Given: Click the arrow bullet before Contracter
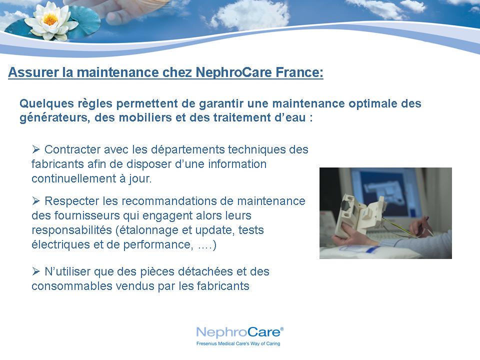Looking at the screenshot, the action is (x=36, y=149).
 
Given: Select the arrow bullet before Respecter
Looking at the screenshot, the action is (x=36, y=201).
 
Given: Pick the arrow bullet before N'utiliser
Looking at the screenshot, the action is (x=36, y=271).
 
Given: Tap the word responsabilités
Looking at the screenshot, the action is (x=71, y=230).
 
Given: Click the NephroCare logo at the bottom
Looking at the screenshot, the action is (x=239, y=332).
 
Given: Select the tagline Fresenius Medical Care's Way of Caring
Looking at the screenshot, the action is (x=238, y=343).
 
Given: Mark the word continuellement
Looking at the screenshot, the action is (x=72, y=178).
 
